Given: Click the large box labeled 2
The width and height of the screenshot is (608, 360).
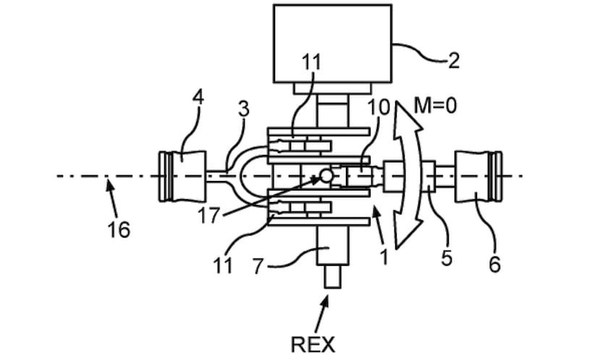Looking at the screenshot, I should coord(332,43).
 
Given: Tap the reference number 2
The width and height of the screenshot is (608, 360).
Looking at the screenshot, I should coord(453,60).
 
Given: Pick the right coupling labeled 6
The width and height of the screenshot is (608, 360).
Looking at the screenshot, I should coord(477,175).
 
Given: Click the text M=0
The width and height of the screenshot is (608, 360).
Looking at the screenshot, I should coord(436,107).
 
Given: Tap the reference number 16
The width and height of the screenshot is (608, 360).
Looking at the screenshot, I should coord(119,230).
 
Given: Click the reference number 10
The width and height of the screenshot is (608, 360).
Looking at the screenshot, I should coord(379,108).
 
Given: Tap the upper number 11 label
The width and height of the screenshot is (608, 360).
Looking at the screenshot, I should coord(311,62).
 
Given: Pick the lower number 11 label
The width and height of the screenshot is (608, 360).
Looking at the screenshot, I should coord(224,265).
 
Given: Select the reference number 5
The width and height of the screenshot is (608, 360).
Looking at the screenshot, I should coord(447,258).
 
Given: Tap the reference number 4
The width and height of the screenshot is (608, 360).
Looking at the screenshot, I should coord(198,95).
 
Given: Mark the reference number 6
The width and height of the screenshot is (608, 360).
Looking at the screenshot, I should coord(494,265).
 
